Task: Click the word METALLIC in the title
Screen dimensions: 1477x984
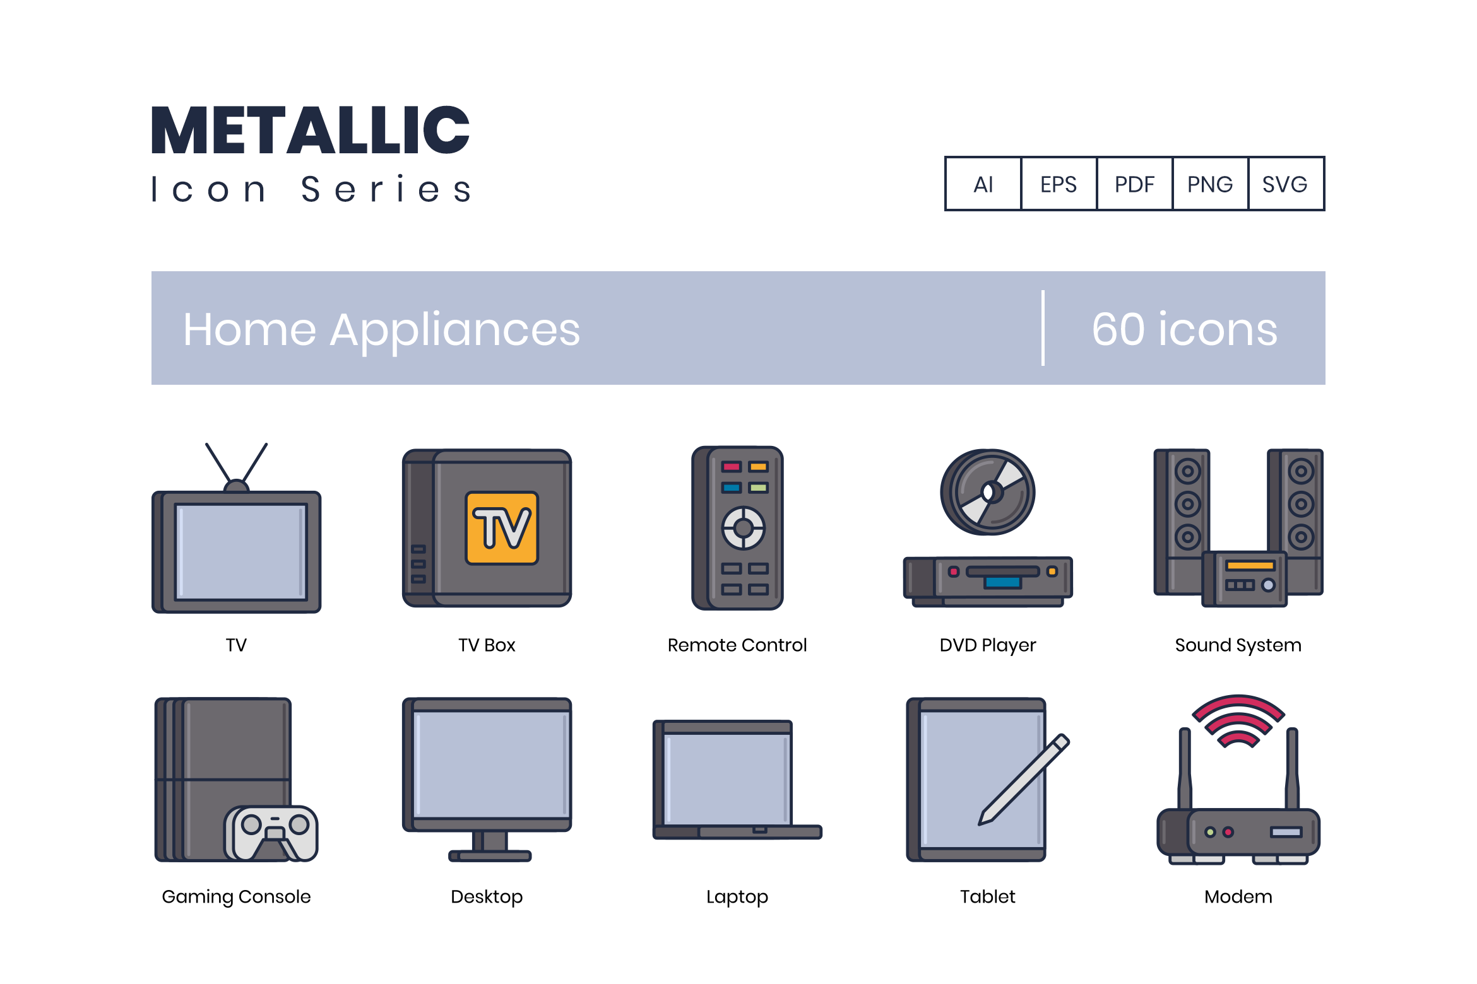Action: point(311,130)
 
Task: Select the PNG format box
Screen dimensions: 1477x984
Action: point(1210,184)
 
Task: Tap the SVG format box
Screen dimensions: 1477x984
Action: point(1286,184)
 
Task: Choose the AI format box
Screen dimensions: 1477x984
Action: point(983,184)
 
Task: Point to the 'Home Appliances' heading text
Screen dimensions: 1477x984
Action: point(382,329)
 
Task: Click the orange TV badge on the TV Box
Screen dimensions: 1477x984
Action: point(502,527)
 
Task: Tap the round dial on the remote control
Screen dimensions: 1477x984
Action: point(744,528)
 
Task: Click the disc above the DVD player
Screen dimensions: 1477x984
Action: point(988,492)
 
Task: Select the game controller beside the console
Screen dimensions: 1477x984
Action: point(271,833)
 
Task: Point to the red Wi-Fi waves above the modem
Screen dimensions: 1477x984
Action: point(1238,720)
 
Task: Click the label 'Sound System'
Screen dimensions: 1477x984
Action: point(1238,645)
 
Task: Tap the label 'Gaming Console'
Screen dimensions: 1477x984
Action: point(237,897)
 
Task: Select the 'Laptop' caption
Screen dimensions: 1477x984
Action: point(737,897)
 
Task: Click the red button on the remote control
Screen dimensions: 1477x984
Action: point(732,467)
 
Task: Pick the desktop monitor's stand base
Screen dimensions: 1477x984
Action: point(490,856)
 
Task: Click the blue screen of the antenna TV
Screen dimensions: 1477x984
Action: point(240,551)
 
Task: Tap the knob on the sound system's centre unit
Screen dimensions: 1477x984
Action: point(1268,585)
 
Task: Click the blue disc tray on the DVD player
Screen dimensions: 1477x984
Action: point(1003,582)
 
